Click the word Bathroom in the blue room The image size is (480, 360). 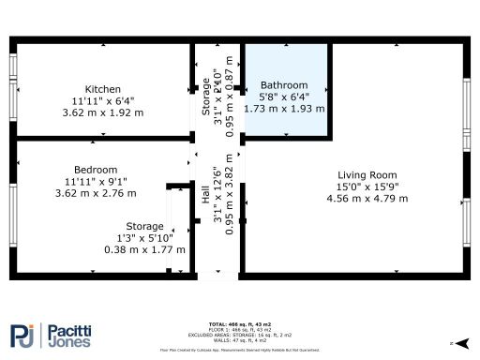[284, 84]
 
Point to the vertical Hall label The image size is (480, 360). [206, 196]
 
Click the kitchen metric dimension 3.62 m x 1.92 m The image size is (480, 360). [102, 112]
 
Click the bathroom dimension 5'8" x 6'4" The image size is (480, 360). [284, 97]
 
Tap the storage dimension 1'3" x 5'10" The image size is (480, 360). [145, 238]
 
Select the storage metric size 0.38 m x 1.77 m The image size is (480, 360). [145, 249]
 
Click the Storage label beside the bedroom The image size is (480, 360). [145, 226]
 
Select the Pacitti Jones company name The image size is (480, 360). [71, 336]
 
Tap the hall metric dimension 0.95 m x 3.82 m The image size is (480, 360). [229, 196]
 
